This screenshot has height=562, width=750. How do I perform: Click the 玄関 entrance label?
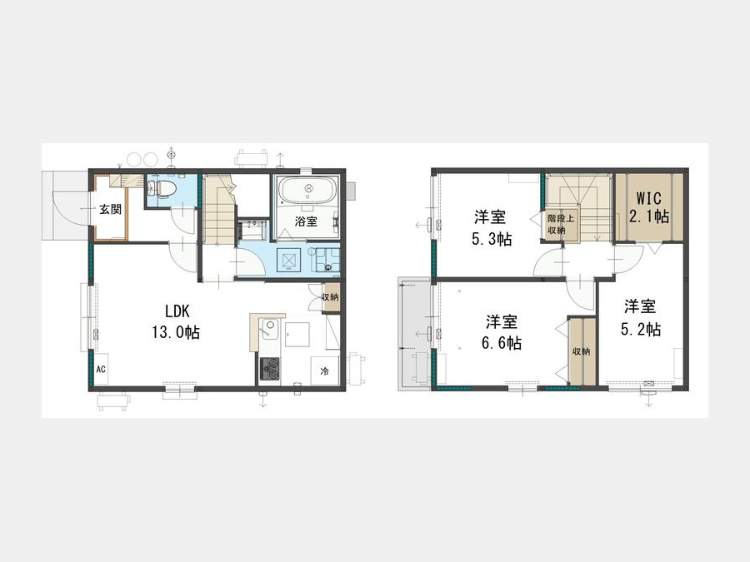pos(111,209)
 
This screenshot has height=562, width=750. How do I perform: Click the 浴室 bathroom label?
pos(306,221)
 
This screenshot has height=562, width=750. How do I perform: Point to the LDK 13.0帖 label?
pos(176,321)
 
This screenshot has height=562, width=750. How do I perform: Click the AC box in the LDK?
pos(101,369)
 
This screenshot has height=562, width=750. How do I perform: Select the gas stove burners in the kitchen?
pos(270,369)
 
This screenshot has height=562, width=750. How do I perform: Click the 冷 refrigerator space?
pos(325,371)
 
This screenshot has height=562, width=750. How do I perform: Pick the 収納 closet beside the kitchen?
pos(330,297)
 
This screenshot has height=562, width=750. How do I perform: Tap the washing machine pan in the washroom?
pos(289,261)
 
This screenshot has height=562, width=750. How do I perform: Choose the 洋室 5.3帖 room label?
pos(491,228)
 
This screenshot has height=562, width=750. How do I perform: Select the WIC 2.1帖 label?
pos(648,207)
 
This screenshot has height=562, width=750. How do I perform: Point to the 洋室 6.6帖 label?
pos(502,332)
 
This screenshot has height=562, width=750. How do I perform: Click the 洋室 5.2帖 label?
pos(640,318)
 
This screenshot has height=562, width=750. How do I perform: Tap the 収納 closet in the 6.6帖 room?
pos(582,351)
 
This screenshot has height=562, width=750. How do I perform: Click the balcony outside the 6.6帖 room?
pos(415,335)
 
